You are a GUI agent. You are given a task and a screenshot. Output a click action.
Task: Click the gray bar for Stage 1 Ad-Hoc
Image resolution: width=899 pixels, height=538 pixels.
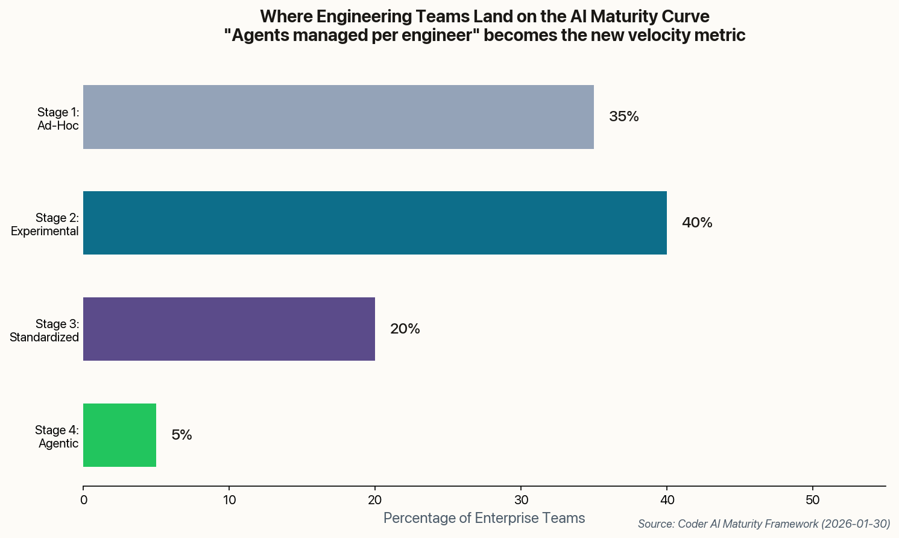click(x=338, y=117)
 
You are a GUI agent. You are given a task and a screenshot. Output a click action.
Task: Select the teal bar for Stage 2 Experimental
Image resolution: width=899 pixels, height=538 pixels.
click(x=374, y=223)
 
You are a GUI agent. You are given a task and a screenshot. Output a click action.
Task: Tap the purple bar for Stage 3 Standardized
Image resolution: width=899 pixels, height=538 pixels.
click(x=229, y=329)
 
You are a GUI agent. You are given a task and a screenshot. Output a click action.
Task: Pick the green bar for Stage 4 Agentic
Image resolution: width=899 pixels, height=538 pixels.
click(x=119, y=435)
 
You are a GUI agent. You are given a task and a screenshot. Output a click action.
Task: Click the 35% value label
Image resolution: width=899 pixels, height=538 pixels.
click(x=623, y=117)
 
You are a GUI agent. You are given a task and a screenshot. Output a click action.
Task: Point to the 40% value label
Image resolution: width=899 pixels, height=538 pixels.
click(x=696, y=223)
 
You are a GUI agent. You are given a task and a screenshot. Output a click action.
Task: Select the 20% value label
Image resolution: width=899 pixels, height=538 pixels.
click(x=405, y=329)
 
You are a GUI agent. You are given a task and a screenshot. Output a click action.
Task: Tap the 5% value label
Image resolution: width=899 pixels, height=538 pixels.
click(x=181, y=435)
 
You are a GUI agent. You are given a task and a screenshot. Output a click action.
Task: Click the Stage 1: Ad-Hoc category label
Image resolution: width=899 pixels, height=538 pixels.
click(x=58, y=119)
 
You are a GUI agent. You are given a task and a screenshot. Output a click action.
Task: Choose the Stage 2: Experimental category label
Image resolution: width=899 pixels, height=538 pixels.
click(x=45, y=225)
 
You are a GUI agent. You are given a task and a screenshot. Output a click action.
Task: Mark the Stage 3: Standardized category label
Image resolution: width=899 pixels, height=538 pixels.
click(x=45, y=331)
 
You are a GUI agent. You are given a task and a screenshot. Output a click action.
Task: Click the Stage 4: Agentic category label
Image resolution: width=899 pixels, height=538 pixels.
click(x=57, y=437)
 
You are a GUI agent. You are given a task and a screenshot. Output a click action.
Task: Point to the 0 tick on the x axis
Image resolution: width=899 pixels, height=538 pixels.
click(x=83, y=500)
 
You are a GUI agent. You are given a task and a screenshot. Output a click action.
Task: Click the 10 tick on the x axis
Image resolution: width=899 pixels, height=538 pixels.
click(x=229, y=500)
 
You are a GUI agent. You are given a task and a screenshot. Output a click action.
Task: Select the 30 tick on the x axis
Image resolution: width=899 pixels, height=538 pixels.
click(x=521, y=500)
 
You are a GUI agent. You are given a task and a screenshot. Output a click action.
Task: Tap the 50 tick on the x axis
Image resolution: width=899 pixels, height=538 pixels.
click(x=813, y=500)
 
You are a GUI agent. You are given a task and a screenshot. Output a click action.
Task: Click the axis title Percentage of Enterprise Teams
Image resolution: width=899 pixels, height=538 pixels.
click(x=484, y=518)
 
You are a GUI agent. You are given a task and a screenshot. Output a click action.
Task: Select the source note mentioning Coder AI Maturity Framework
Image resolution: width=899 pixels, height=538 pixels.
click(x=763, y=524)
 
